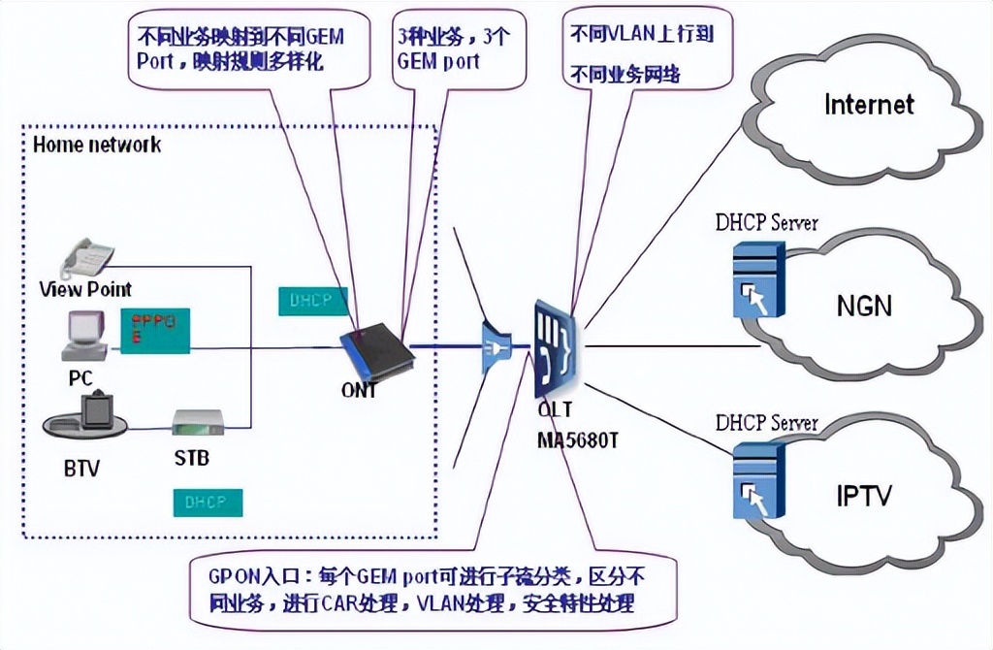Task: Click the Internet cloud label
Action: (869, 104)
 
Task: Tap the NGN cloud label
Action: (863, 306)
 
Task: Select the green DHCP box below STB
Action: (208, 502)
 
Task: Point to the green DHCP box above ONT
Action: (311, 301)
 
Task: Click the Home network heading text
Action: (97, 146)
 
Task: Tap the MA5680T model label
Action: (577, 439)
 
